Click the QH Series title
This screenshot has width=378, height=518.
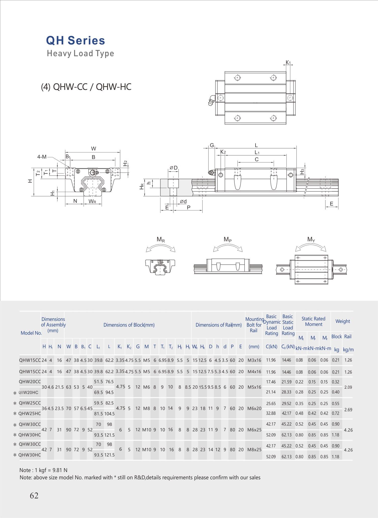coord(76,41)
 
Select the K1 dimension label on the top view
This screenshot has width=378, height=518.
coord(288,62)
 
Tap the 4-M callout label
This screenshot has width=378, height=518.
coord(42,157)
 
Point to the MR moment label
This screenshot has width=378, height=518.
coord(161,240)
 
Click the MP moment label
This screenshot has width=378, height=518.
coord(227,240)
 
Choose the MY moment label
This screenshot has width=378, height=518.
coord(311,240)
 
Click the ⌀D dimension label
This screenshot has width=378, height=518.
coord(173,168)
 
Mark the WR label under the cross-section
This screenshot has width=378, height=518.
coord(92,201)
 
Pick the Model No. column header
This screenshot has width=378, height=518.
coord(31,333)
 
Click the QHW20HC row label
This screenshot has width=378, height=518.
coord(29,392)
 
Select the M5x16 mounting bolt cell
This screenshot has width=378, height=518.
coord(254,387)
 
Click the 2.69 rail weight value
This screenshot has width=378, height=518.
coord(348,410)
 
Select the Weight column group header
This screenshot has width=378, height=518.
coord(343,321)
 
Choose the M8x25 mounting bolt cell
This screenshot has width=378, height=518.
coord(254,449)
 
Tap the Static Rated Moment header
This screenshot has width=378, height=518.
coord(313,321)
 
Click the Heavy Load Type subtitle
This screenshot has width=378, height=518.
coord(80,53)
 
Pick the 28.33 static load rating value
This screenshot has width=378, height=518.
coord(286,392)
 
